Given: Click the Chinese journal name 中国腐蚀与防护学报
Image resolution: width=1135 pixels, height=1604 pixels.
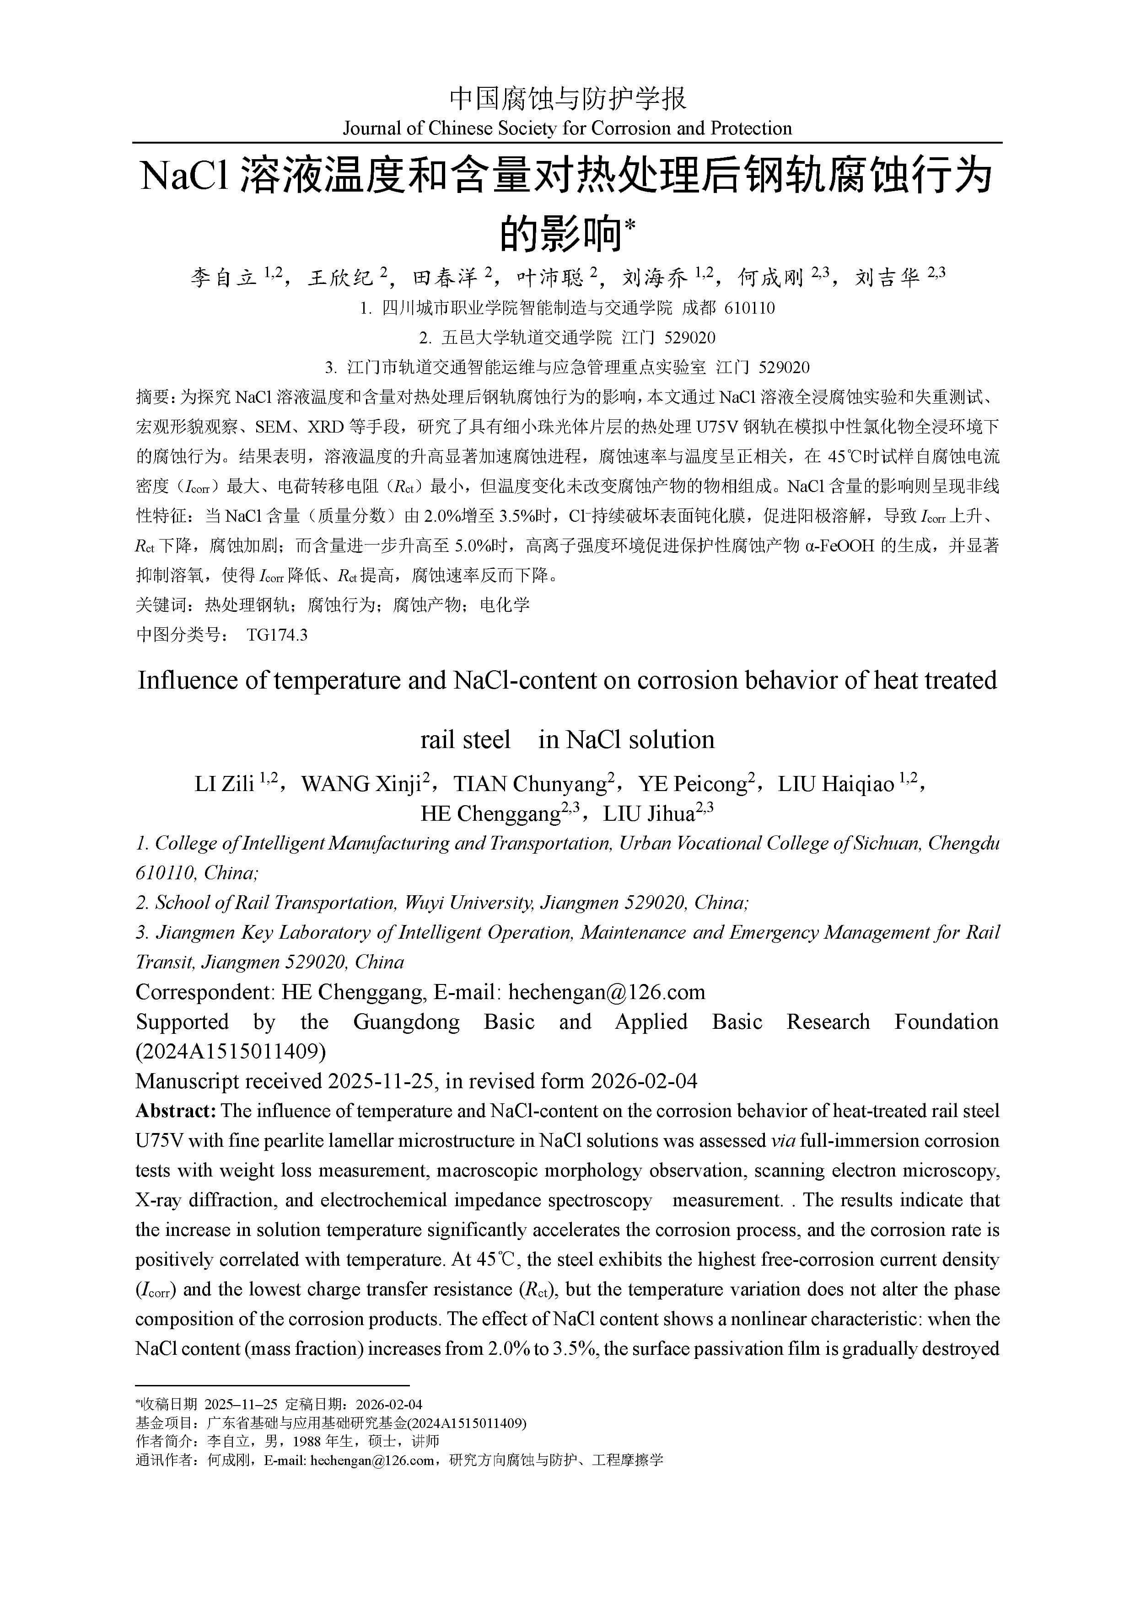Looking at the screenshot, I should point(567,98).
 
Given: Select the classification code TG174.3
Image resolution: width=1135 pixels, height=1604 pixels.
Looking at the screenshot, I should point(277,635).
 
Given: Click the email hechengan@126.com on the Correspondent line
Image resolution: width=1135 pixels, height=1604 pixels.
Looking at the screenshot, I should point(606,992).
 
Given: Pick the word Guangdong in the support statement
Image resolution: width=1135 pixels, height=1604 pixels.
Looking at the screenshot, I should point(406,1022).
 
